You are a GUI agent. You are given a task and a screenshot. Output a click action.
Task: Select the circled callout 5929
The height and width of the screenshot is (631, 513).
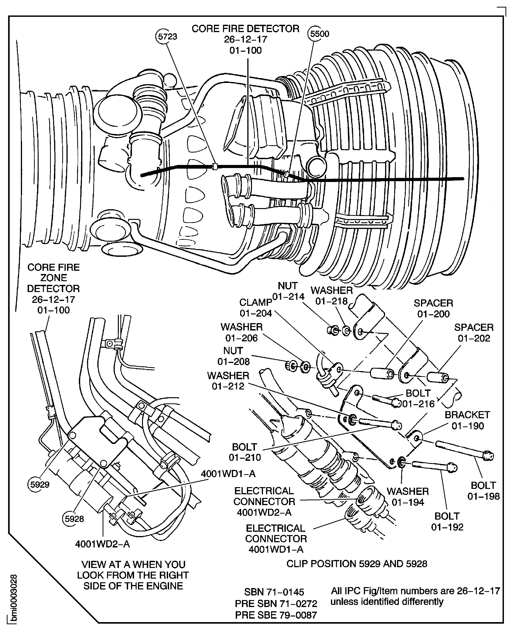click(40, 485)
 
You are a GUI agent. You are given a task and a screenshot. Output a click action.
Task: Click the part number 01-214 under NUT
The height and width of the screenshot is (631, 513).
click(288, 297)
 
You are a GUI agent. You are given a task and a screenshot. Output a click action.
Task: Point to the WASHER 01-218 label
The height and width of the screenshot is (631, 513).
click(332, 296)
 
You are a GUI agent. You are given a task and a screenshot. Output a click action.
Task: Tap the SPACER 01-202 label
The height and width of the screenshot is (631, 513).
click(474, 333)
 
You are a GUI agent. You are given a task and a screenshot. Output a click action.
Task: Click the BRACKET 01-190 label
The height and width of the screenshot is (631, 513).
click(467, 420)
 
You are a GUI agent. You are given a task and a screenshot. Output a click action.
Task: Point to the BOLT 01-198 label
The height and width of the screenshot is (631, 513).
click(483, 491)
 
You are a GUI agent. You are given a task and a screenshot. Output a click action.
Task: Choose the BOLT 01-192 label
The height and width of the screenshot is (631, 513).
click(447, 522)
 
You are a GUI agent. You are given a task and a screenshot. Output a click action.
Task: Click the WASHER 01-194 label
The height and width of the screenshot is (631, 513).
click(408, 497)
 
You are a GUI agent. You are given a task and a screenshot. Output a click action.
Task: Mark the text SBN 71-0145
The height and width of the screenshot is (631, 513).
click(274, 592)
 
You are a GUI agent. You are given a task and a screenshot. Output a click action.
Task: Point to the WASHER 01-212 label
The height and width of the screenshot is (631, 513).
click(228, 381)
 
